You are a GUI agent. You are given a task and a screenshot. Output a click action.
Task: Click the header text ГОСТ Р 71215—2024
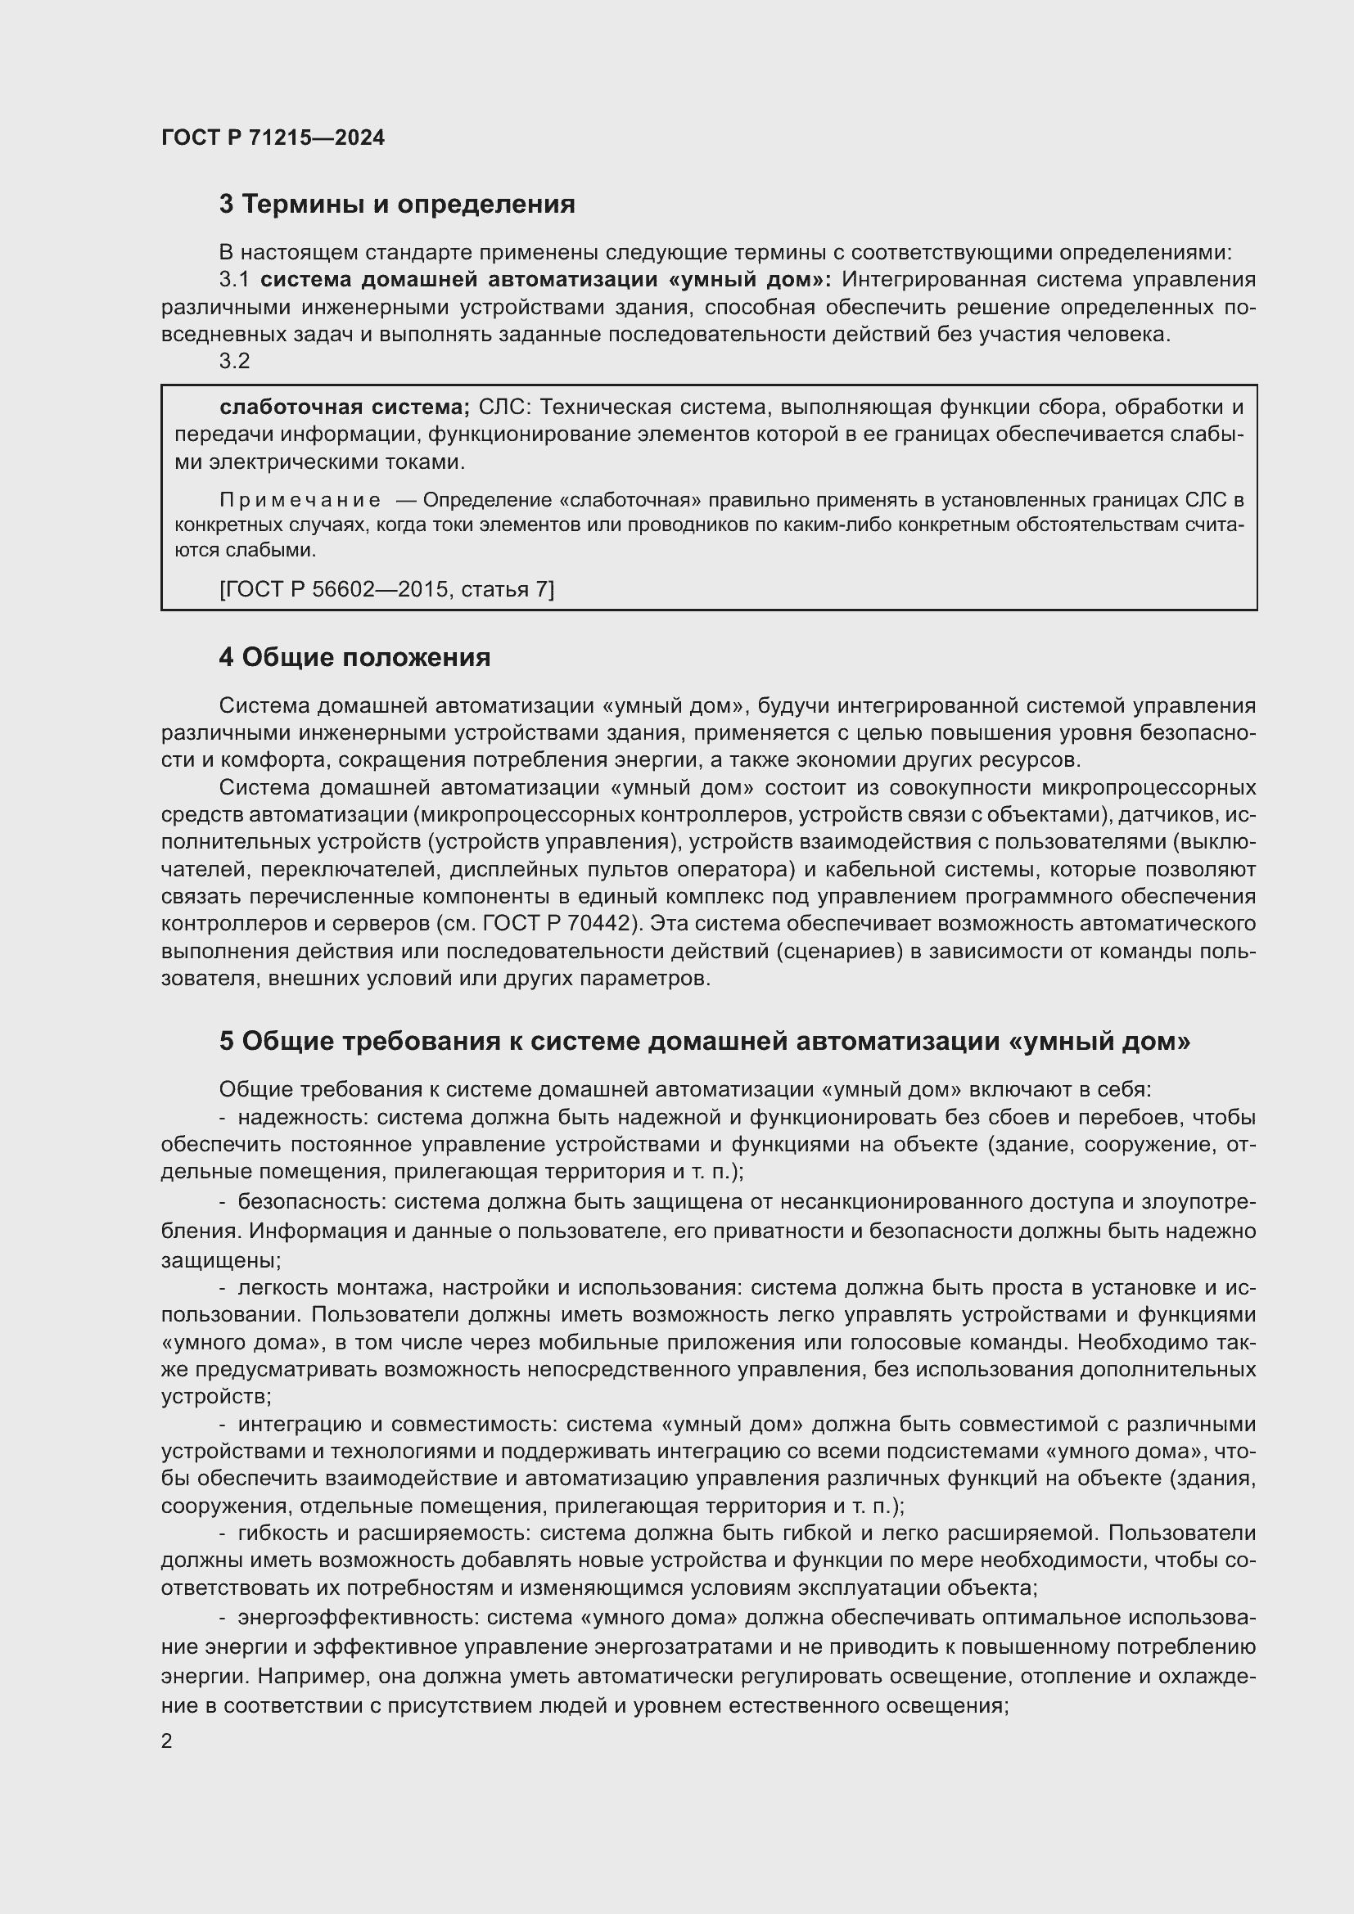pos(273,138)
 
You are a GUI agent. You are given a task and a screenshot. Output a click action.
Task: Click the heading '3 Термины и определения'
pos(397,205)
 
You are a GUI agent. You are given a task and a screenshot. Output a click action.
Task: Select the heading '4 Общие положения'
pos(354,658)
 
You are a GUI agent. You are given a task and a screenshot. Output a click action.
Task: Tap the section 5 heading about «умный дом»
pos(705,1041)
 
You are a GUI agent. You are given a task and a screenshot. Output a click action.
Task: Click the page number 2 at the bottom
pos(167,1741)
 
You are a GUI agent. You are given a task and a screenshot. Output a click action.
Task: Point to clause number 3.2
pos(234,361)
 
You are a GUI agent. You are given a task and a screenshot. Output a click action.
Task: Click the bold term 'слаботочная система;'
pos(345,408)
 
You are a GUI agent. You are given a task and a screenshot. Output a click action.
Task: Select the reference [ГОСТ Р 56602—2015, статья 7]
pos(386,589)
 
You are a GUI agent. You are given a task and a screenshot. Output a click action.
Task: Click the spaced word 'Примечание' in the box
pos(300,500)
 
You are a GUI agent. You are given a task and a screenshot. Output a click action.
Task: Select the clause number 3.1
pos(234,280)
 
